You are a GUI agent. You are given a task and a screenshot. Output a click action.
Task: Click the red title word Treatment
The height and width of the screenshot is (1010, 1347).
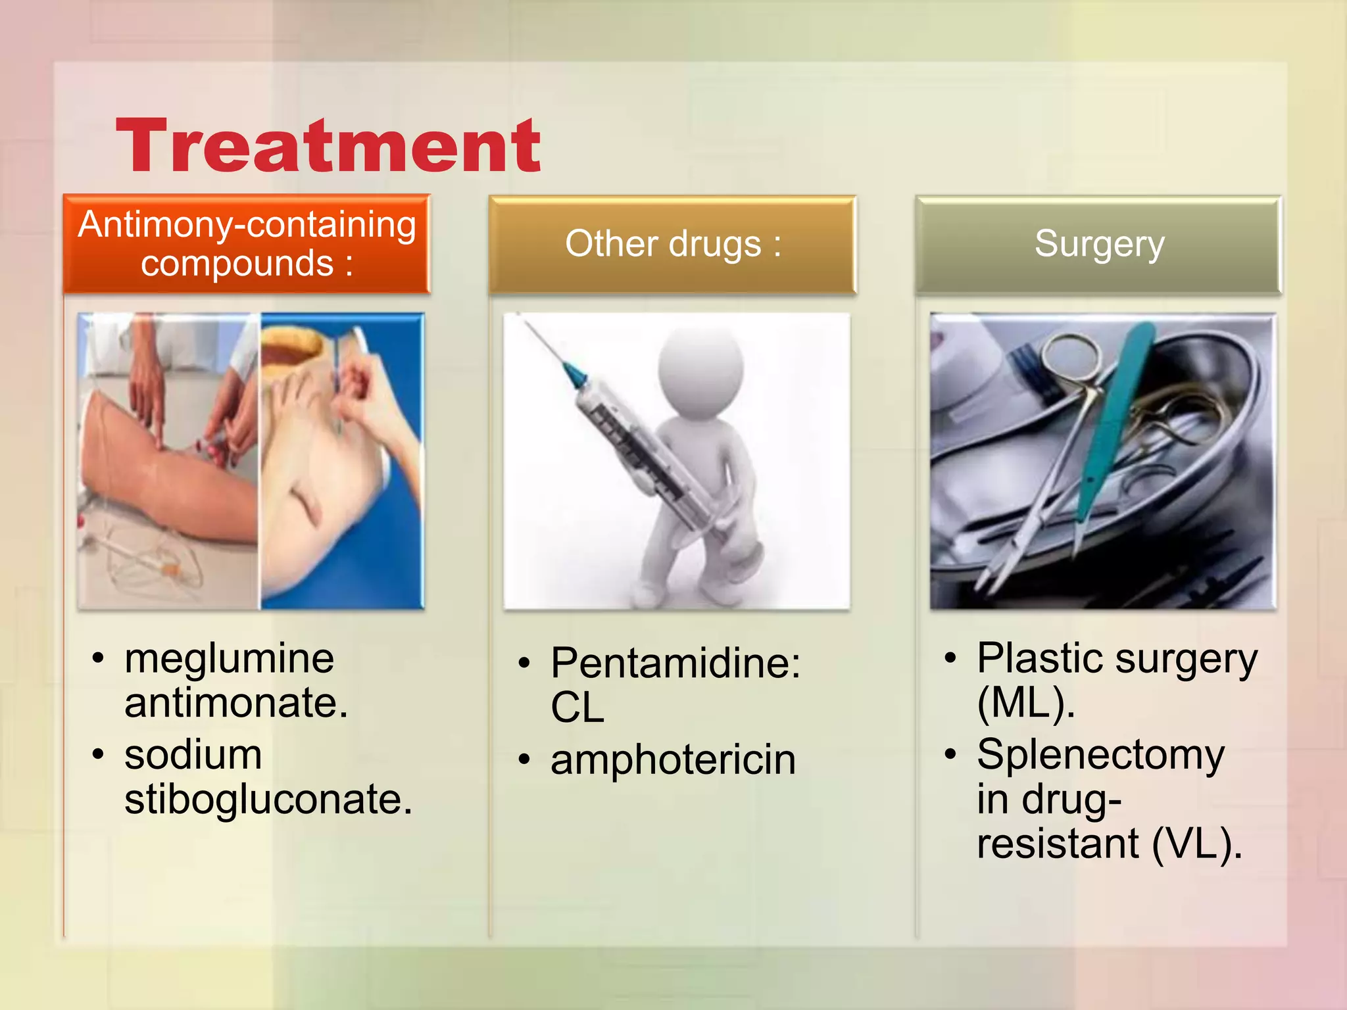coord(328,146)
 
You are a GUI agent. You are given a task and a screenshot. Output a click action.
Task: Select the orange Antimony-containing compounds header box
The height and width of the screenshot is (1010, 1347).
coord(247,243)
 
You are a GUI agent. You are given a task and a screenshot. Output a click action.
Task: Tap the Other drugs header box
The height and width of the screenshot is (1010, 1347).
coord(672,244)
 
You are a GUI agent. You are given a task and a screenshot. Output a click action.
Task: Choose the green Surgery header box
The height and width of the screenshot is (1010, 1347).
coord(1098,244)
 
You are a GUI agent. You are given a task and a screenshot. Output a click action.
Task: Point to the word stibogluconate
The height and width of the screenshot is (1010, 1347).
coord(267,800)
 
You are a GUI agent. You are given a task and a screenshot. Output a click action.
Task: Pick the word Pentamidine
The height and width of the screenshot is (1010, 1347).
coord(674,663)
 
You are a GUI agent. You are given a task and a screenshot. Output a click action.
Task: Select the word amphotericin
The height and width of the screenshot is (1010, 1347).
coord(673,760)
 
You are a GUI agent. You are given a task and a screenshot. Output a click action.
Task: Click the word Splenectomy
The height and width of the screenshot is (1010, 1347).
coord(1100,755)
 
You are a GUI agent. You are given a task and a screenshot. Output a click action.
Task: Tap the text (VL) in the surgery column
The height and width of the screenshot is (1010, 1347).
coord(1196,844)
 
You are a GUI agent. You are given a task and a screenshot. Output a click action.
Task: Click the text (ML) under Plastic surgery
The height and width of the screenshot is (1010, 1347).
coord(1025,703)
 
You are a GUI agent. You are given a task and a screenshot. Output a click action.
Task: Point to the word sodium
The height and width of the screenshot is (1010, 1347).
coord(193,755)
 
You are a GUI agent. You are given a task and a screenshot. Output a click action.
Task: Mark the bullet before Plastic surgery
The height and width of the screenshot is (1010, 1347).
coord(950,658)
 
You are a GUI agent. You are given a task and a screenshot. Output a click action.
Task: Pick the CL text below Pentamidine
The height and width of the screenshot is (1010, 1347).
coord(577,708)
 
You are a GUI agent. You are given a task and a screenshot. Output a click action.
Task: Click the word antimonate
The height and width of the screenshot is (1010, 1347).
coord(235,703)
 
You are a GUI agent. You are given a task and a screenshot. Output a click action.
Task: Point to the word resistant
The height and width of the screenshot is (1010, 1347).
coord(1057,844)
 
